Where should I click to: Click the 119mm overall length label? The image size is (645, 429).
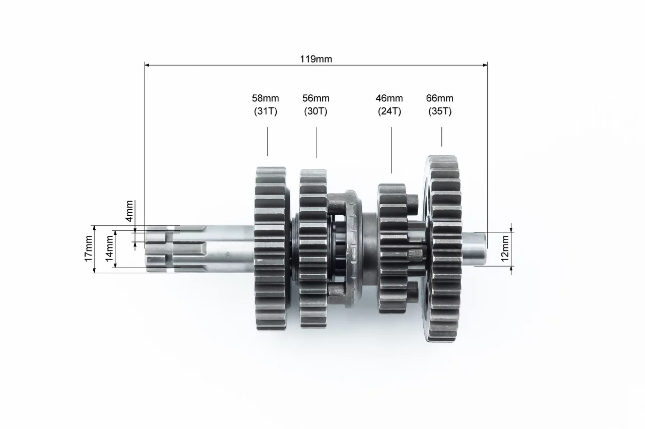click(x=316, y=59)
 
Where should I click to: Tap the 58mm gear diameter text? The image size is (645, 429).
click(x=265, y=98)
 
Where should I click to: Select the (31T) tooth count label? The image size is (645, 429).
click(x=266, y=111)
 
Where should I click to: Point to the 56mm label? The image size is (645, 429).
click(x=315, y=98)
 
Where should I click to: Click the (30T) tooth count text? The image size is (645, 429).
click(x=315, y=111)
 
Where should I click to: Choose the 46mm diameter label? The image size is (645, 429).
click(x=389, y=98)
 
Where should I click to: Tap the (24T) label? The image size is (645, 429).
click(x=390, y=111)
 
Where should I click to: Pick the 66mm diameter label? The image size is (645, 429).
click(x=439, y=98)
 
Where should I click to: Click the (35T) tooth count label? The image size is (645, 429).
click(x=440, y=111)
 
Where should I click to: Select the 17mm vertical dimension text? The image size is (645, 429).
click(x=88, y=249)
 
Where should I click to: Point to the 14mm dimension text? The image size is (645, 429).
click(x=109, y=249)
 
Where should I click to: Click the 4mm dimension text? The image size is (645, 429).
click(x=130, y=211)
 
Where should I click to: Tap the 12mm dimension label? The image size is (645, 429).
click(x=505, y=249)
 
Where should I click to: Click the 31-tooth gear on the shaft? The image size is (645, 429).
click(x=271, y=249)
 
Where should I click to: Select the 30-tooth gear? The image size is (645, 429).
click(x=313, y=249)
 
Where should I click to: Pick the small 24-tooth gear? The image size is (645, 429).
click(x=393, y=249)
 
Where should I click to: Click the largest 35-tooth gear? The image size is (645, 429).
click(x=443, y=249)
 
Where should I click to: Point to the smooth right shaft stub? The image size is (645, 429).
click(x=475, y=249)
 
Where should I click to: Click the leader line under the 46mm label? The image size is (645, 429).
click(x=391, y=150)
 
